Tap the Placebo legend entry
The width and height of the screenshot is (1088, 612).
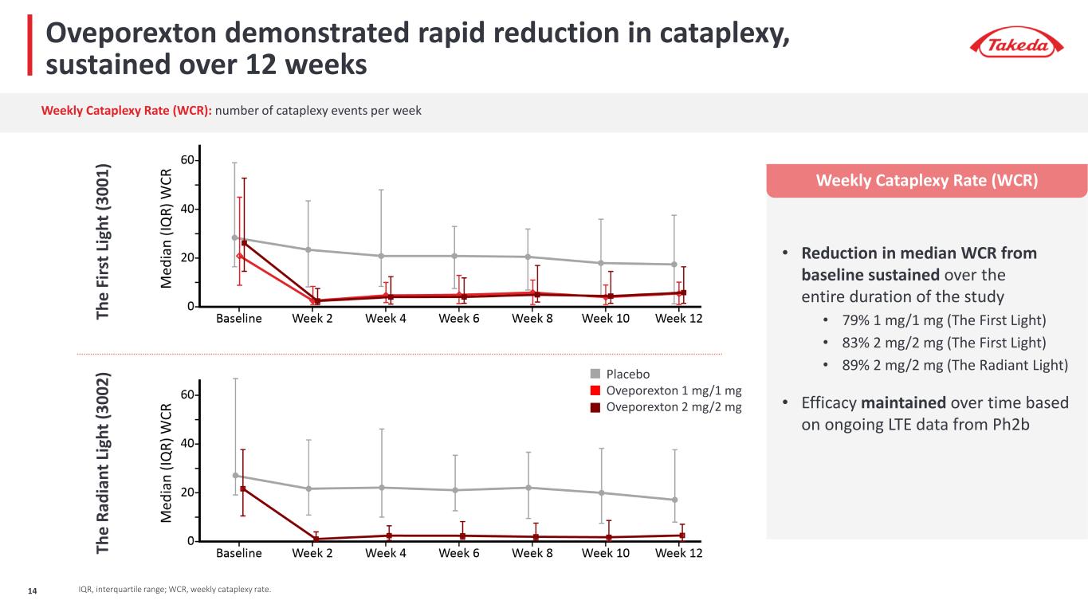[x=628, y=375]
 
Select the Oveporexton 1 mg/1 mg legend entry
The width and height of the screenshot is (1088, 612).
[x=674, y=390]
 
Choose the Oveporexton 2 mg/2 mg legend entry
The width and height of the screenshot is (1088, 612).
[x=674, y=406]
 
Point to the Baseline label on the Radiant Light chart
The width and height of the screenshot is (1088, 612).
[x=239, y=553]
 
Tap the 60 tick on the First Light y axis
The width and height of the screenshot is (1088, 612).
[x=188, y=161]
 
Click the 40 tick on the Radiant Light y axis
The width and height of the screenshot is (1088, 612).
[x=188, y=444]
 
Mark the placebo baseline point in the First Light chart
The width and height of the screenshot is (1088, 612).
[x=235, y=237]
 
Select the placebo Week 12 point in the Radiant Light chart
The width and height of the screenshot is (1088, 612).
[x=674, y=500]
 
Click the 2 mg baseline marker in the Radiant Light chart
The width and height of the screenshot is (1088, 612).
[x=242, y=488]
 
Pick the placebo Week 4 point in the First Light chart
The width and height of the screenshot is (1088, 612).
[x=382, y=256]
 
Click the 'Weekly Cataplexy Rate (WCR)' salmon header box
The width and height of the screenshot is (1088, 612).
[x=926, y=181]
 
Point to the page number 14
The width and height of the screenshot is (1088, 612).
[x=33, y=590]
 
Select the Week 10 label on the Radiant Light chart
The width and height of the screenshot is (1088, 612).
[x=607, y=553]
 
